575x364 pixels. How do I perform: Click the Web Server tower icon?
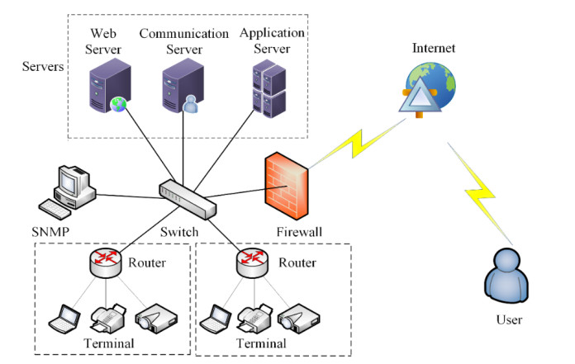(x=106, y=89)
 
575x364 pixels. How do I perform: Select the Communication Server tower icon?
(x=181, y=89)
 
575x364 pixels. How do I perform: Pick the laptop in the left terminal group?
(x=64, y=318)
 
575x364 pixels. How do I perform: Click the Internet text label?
(x=434, y=49)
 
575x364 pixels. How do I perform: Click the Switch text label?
(x=178, y=232)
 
